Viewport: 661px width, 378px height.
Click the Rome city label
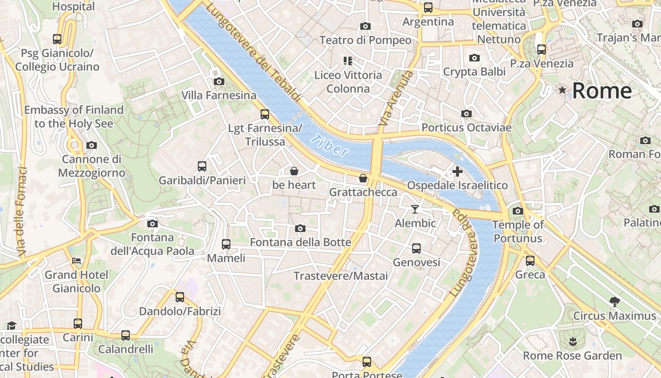pos(602,91)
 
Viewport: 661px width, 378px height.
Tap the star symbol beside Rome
pos(562,90)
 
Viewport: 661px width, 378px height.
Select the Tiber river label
pos(330,146)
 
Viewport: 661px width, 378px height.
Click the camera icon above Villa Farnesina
pos(219,81)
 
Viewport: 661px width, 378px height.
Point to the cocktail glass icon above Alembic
pos(415,209)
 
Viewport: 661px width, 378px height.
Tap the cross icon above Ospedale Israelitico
pos(457,172)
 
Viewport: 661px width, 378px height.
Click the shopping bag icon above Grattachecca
pos(363,178)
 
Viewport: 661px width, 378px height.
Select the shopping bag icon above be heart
pos(294,171)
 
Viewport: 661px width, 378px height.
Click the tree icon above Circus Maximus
pos(614,301)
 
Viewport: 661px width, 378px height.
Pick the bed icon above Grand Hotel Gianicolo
pos(76,261)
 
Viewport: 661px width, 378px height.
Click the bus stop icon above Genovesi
pos(416,248)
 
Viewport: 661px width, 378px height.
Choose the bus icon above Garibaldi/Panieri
pos(202,166)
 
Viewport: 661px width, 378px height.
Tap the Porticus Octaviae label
pos(466,128)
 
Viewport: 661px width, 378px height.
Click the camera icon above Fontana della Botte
pos(300,229)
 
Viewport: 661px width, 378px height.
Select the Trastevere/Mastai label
pos(340,276)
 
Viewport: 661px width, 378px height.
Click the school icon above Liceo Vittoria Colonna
pos(348,60)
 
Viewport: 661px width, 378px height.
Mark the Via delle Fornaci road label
pos(21,213)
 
